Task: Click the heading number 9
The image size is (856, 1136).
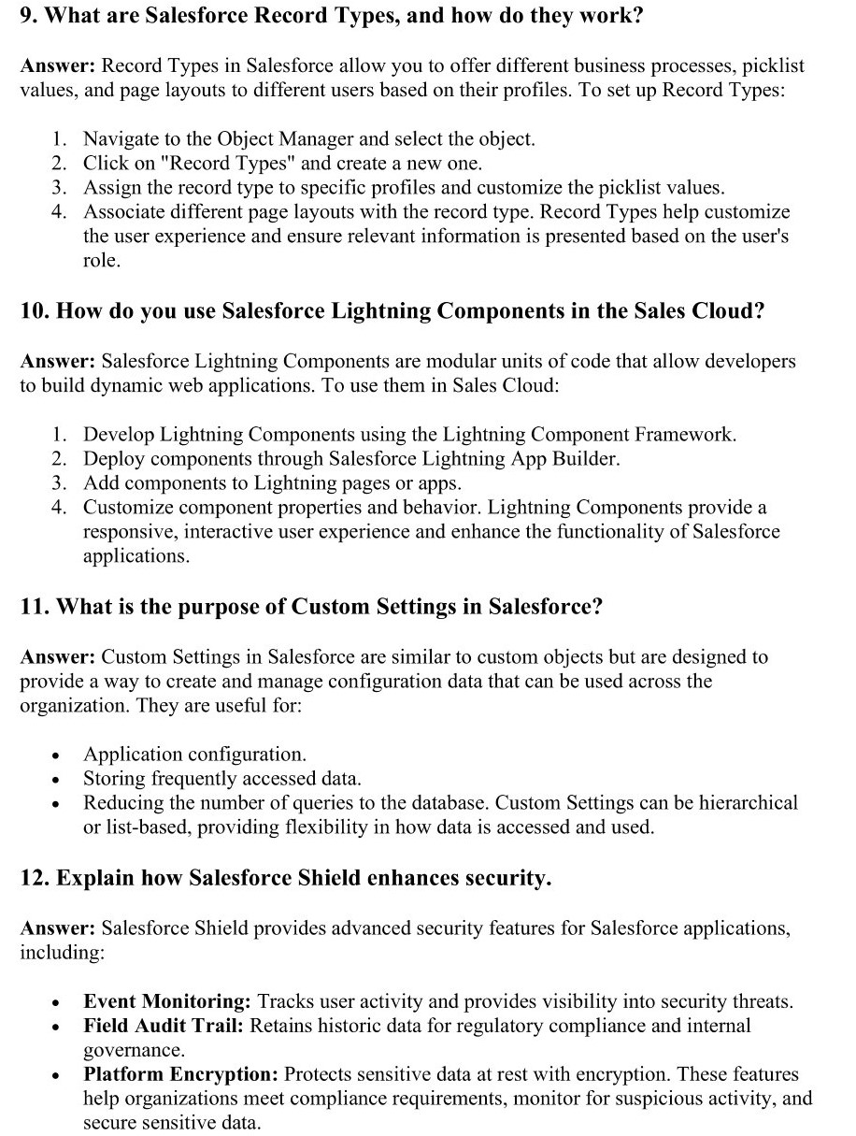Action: coord(28,18)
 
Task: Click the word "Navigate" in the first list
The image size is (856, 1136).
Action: coord(121,139)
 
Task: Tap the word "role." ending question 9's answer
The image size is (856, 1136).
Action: coord(102,261)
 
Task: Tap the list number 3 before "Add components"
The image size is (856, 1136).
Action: coord(58,483)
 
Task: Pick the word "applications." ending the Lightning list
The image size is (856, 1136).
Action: coord(136,556)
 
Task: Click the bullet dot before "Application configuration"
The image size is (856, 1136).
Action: coord(58,755)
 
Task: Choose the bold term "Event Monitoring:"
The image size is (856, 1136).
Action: coord(168,1002)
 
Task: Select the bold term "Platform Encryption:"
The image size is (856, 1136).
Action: coord(181,1075)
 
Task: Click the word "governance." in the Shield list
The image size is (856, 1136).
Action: coord(135,1051)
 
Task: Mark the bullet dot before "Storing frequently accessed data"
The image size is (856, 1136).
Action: coord(58,780)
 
